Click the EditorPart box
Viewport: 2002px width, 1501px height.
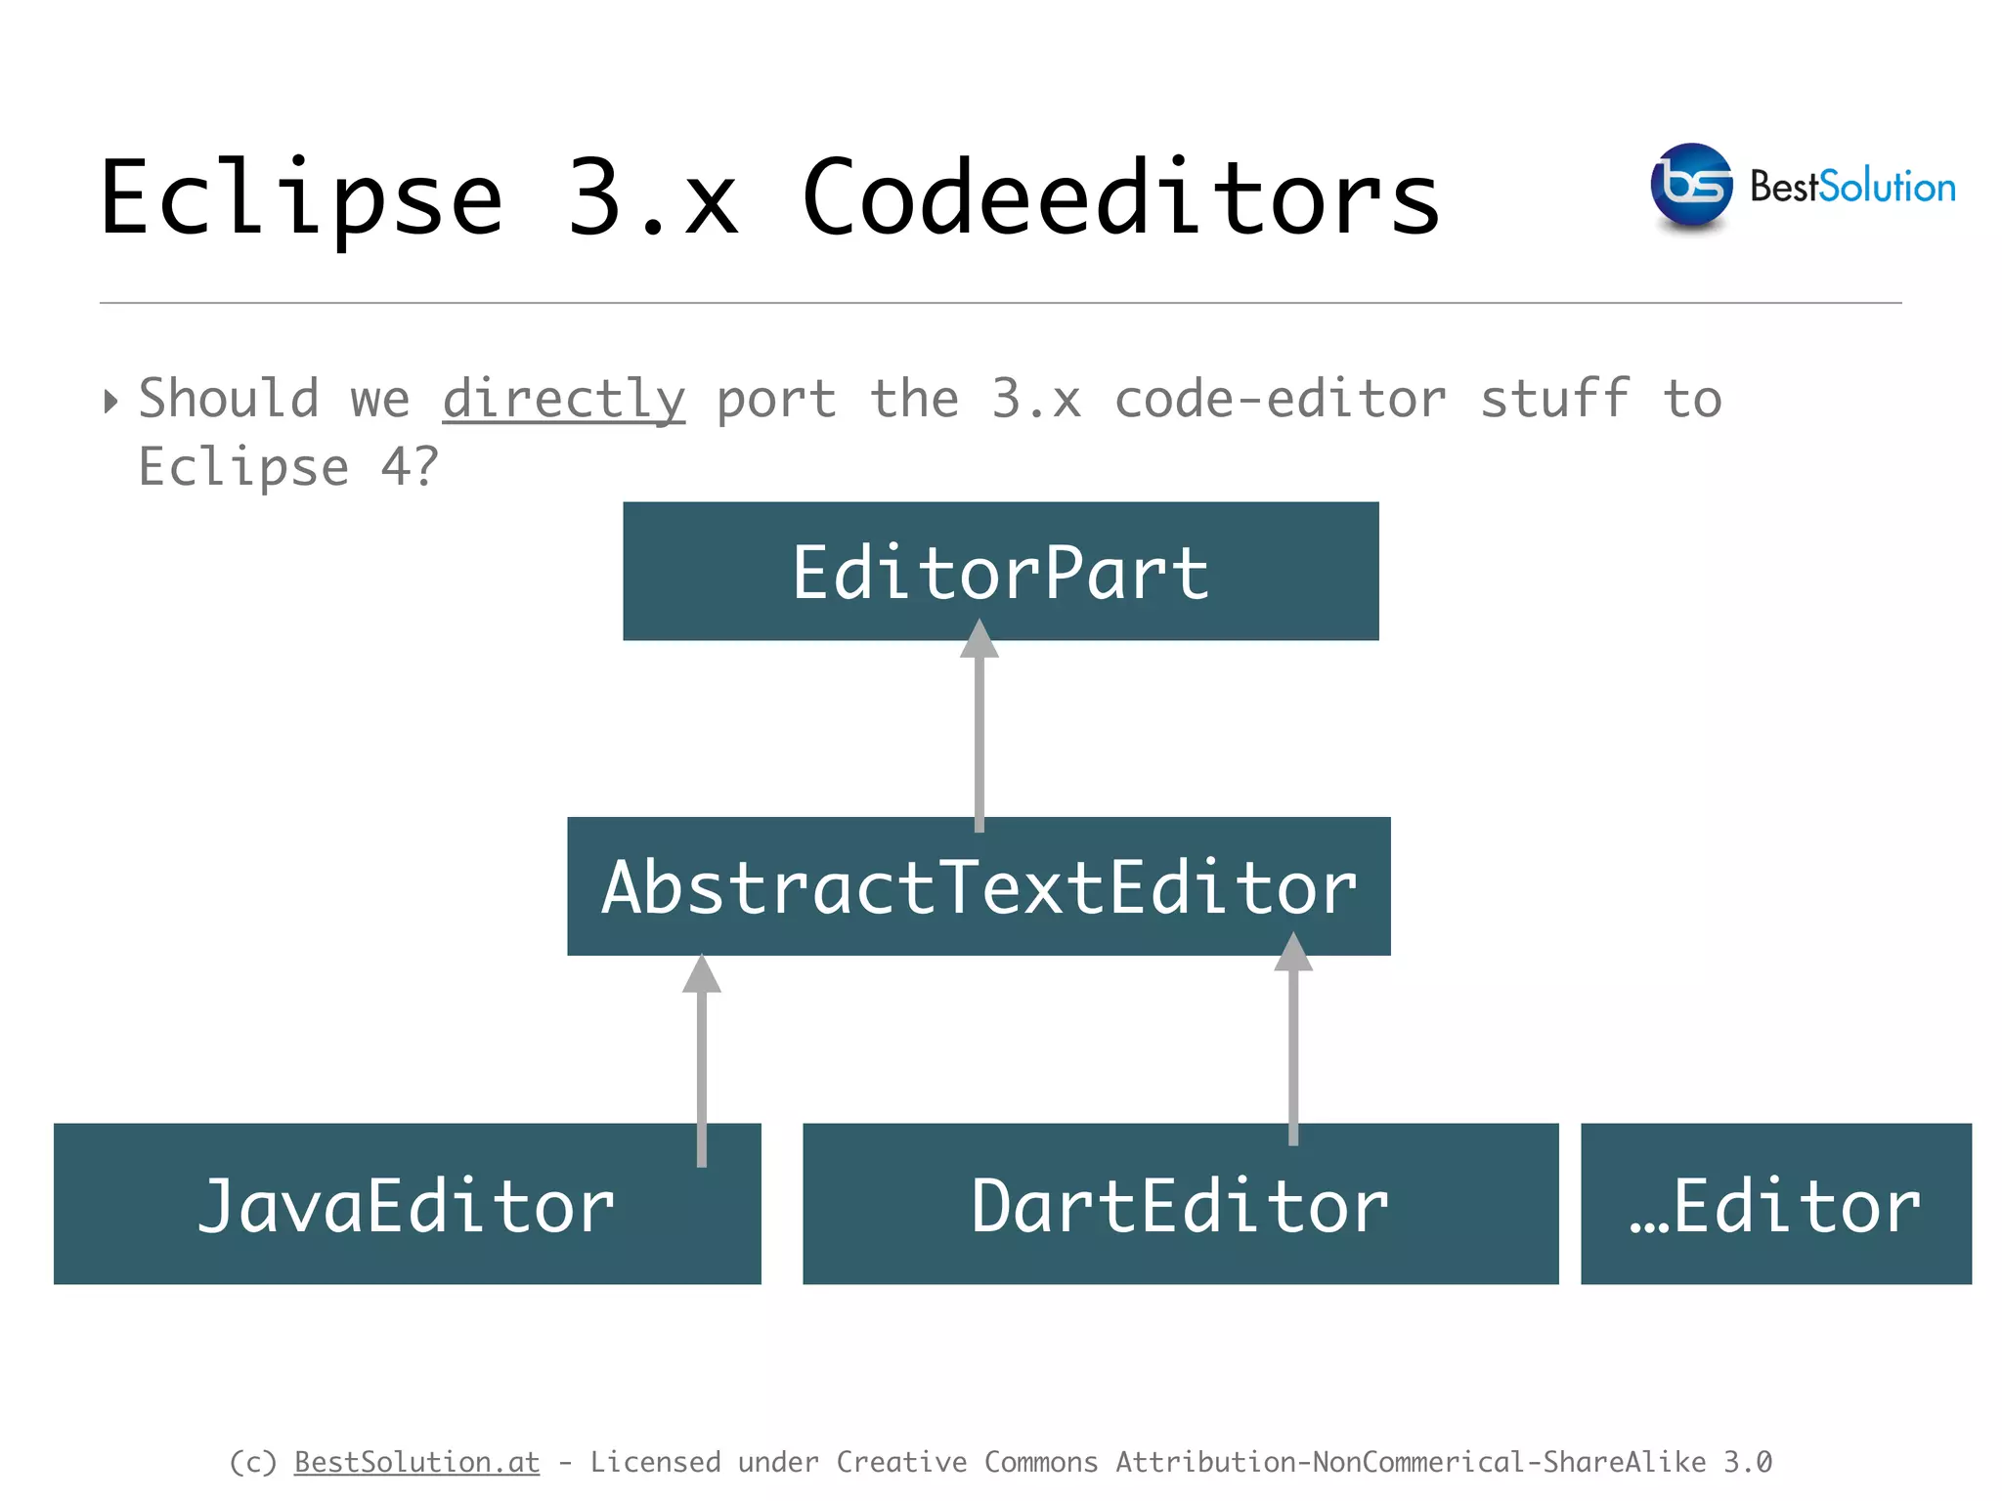tap(1000, 572)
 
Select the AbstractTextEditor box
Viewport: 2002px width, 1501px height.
tap(979, 886)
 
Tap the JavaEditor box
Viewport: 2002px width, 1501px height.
tap(407, 1204)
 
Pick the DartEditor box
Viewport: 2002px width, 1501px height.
tap(1180, 1204)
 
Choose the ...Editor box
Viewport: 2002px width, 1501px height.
tap(1775, 1204)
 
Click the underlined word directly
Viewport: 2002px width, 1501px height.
tap(564, 400)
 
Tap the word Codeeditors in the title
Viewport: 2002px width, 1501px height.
tap(1120, 198)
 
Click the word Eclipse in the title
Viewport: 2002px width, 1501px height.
tap(301, 198)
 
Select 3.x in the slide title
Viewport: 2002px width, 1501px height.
tap(652, 198)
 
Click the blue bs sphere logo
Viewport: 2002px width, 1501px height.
tap(1691, 185)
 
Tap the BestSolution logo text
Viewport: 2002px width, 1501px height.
tap(1852, 187)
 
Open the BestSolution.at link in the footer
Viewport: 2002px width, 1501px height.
tap(416, 1462)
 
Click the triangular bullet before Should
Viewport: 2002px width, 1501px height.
tap(110, 401)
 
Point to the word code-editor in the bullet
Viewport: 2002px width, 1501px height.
tap(1280, 400)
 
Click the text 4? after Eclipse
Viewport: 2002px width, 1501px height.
tap(410, 467)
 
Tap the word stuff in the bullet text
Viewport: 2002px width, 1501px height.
tap(1554, 400)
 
